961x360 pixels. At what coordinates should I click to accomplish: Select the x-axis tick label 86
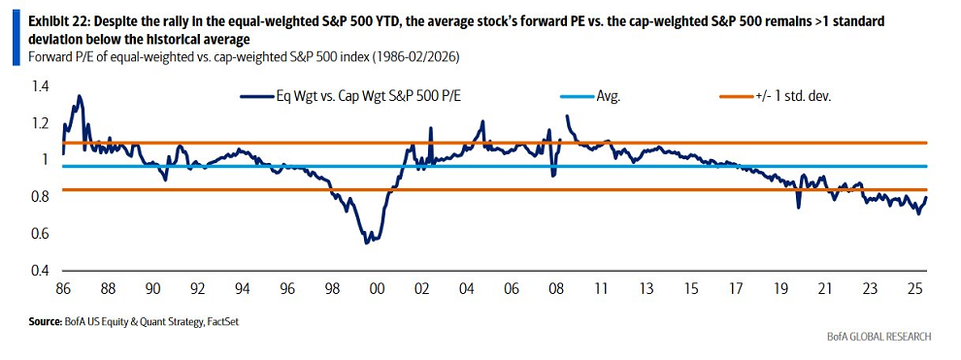point(63,288)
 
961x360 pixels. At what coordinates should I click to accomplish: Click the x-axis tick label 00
point(378,288)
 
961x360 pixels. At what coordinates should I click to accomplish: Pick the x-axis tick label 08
point(557,288)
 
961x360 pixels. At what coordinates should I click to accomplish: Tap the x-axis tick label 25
point(915,288)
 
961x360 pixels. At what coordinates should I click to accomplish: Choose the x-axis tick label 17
point(737,288)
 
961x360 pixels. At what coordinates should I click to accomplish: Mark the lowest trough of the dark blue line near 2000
point(366,242)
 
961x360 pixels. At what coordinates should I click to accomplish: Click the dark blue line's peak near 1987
point(79,96)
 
